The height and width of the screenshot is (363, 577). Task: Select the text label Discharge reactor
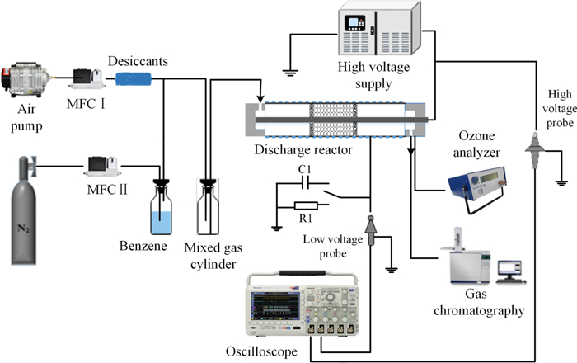pyautogui.click(x=293, y=149)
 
